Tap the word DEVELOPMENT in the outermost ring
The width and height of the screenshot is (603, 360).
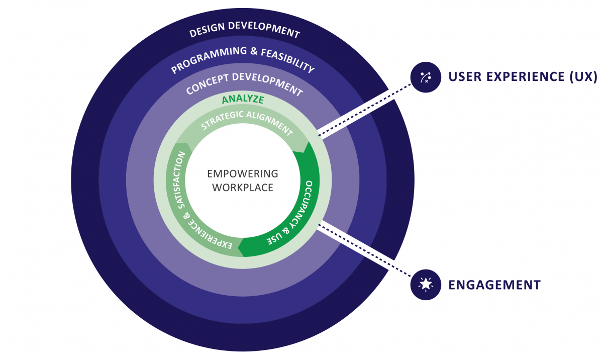coord(264,30)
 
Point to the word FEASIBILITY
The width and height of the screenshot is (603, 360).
coord(288,60)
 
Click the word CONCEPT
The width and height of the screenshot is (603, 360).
coord(208,83)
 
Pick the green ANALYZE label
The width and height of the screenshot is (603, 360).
coord(243,100)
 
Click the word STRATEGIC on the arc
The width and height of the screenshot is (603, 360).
coord(222,119)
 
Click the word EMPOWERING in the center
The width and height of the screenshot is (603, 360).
coord(243,173)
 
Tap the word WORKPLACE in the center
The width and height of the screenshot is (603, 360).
coord(243,188)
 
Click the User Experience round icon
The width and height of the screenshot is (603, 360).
coord(426,77)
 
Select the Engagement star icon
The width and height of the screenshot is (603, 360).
coord(426,285)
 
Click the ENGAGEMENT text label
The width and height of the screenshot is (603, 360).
coord(494,285)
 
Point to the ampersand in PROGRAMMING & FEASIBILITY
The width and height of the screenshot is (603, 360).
coord(254,51)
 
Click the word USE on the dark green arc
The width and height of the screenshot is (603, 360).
coord(274,238)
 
